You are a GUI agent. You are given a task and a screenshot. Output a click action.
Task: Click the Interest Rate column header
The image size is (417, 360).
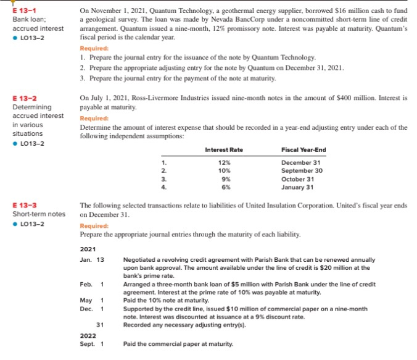click(223, 149)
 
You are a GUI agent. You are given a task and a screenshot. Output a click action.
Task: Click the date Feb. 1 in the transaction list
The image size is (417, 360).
click(91, 284)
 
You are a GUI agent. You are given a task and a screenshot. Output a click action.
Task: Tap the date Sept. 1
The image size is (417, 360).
click(91, 344)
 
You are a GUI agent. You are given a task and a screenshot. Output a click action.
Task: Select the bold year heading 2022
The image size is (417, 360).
click(88, 335)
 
